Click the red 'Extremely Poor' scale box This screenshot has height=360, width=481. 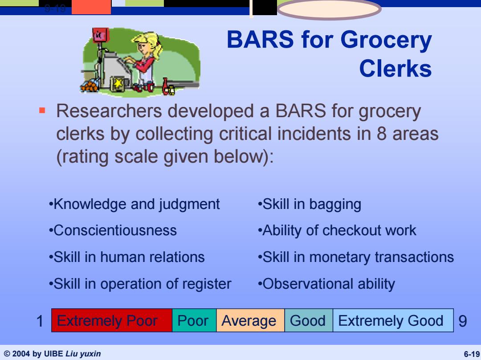coord(112,320)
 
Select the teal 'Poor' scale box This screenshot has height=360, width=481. coord(194,320)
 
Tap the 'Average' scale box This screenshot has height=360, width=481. coord(250,320)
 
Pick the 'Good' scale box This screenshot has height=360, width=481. coord(309,320)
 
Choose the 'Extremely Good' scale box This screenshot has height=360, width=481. coord(393,320)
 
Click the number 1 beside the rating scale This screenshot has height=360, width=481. coord(40,321)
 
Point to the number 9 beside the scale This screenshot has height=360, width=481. coord(463,321)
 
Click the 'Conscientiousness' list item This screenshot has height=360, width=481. coord(113,230)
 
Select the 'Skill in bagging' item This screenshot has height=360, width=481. coord(310,205)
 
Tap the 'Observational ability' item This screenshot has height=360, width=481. coord(326,284)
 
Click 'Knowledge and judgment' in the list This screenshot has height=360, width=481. coord(135,205)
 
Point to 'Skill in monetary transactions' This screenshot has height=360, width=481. coord(356,257)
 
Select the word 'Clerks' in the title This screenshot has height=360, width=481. coord(395,68)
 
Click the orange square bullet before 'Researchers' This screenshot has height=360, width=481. coord(42,110)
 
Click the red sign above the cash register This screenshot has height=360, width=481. coord(100,35)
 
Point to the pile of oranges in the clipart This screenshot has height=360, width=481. coord(90,85)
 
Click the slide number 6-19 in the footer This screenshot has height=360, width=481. coord(472,354)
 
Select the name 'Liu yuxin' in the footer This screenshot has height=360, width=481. coord(83,354)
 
